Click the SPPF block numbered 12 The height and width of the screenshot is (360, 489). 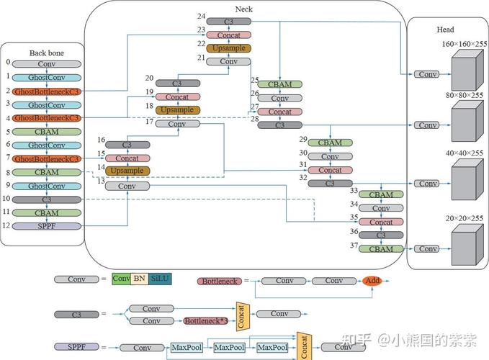[47, 226]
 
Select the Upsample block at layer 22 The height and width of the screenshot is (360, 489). [228, 48]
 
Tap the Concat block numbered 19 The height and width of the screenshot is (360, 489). [177, 96]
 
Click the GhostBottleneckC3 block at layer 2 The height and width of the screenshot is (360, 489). [47, 91]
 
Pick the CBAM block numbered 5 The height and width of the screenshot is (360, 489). [47, 132]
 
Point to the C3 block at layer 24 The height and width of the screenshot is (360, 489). [228, 21]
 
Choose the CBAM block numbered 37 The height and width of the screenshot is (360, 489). [381, 248]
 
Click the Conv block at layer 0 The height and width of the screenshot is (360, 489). [47, 64]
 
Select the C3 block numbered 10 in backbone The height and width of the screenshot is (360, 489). [47, 199]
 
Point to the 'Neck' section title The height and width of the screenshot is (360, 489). [244, 9]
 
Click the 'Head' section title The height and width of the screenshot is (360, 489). [445, 30]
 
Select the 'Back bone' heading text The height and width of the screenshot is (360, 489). [47, 53]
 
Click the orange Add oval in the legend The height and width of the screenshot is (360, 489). [372, 281]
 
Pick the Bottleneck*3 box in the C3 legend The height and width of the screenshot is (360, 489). [205, 320]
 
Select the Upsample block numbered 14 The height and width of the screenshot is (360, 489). [127, 171]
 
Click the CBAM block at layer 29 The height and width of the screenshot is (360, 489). [330, 143]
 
